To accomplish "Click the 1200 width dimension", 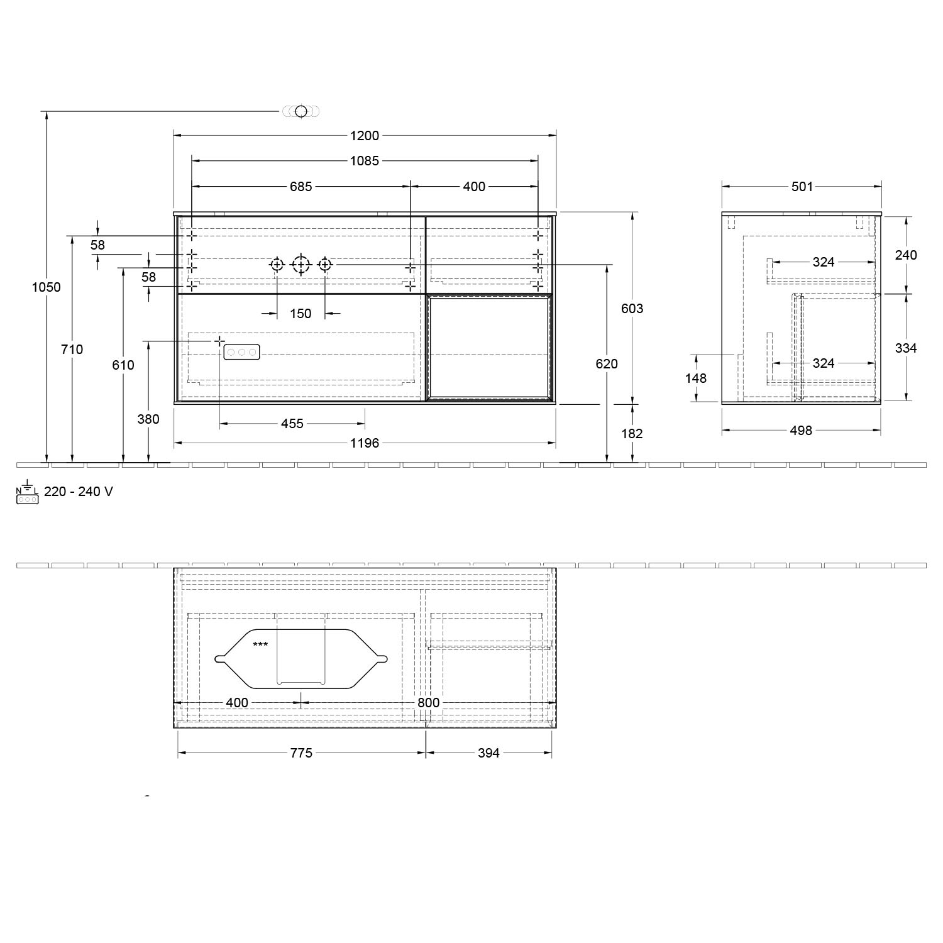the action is click(365, 135).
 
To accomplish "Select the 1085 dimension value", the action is click(365, 161).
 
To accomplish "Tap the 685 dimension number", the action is click(301, 187).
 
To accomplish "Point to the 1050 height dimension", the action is click(47, 287).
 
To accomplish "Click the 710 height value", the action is click(72, 350).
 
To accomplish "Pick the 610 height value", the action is click(123, 365).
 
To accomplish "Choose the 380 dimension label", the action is click(148, 419).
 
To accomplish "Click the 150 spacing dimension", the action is click(301, 314).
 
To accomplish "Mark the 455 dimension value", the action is click(292, 424).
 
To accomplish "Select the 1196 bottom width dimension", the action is click(365, 443).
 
